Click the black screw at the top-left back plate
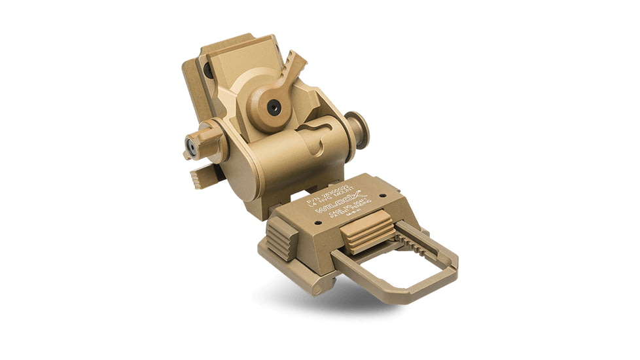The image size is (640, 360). point(207,69)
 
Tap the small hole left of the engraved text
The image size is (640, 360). point(318,222)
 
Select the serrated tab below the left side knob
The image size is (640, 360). point(201,177)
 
